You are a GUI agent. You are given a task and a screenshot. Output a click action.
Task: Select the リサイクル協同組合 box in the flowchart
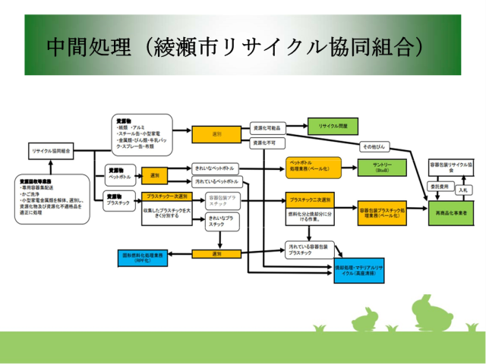tap(51, 152)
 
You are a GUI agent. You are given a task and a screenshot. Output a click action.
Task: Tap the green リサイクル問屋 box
tap(332, 126)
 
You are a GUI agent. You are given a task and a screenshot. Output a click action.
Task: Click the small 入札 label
tap(465, 190)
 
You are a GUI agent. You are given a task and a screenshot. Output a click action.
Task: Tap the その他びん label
tap(374, 146)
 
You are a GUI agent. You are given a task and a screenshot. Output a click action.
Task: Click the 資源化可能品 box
tap(267, 128)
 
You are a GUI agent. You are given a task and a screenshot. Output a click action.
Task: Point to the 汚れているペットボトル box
tap(216, 182)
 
